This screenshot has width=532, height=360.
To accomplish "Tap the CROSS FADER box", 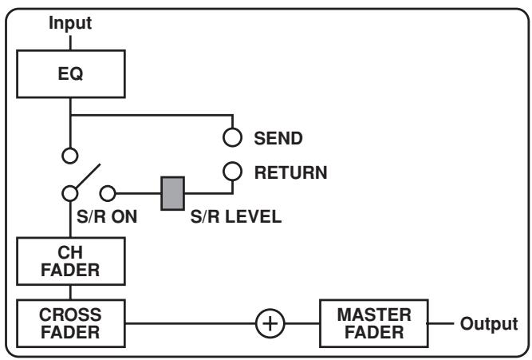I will [70, 320].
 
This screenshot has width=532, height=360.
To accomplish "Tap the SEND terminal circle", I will [232, 138].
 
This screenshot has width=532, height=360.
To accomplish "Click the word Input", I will [70, 23].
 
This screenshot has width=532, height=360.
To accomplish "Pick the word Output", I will [488, 323].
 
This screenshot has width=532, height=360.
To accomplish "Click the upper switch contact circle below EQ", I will [70, 155].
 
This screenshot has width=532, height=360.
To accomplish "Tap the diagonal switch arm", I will [87, 178].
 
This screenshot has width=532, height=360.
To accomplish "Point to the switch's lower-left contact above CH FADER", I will [70, 192].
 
